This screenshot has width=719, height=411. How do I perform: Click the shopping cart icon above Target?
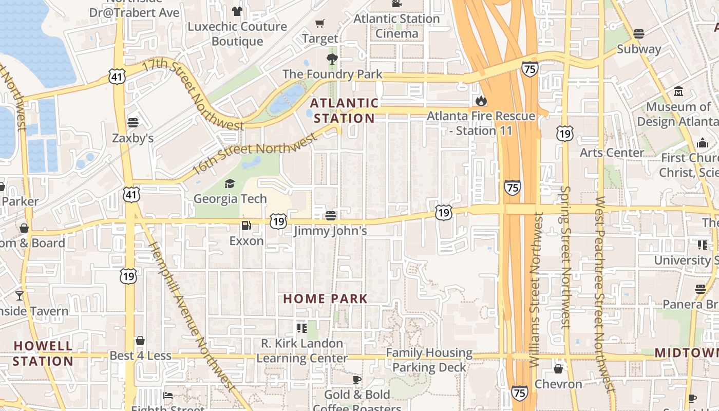point(320,23)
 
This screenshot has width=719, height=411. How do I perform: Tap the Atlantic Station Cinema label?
point(396,26)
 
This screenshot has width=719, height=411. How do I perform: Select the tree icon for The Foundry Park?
point(332,59)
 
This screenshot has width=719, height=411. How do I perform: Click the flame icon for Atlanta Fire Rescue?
point(481,101)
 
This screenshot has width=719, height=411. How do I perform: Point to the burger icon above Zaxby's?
point(133,123)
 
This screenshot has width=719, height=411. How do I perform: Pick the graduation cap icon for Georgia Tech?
point(230,183)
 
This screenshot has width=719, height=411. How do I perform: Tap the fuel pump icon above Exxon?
point(247,226)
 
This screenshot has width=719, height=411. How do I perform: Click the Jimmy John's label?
point(330,231)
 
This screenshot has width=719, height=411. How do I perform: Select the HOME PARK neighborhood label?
point(326,298)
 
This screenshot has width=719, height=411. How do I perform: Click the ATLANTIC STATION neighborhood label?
point(344,110)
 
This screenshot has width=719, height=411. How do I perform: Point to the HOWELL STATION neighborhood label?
point(43,353)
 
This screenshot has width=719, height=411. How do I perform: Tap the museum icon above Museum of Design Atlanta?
point(678,91)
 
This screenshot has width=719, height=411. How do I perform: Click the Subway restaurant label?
point(639,49)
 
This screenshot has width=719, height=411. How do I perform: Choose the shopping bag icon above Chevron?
point(558,369)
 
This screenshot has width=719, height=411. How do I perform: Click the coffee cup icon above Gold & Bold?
point(357,380)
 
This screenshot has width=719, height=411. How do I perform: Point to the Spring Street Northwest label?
point(565,257)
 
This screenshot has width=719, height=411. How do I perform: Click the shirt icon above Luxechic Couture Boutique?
point(237,11)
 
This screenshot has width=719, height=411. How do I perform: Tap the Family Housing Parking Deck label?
point(429,360)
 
